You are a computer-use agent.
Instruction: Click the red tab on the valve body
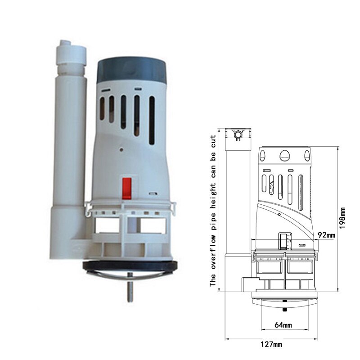127,188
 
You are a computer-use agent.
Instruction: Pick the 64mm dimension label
283,325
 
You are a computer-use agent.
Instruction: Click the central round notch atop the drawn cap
284,155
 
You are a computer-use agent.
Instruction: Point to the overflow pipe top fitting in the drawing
238,134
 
